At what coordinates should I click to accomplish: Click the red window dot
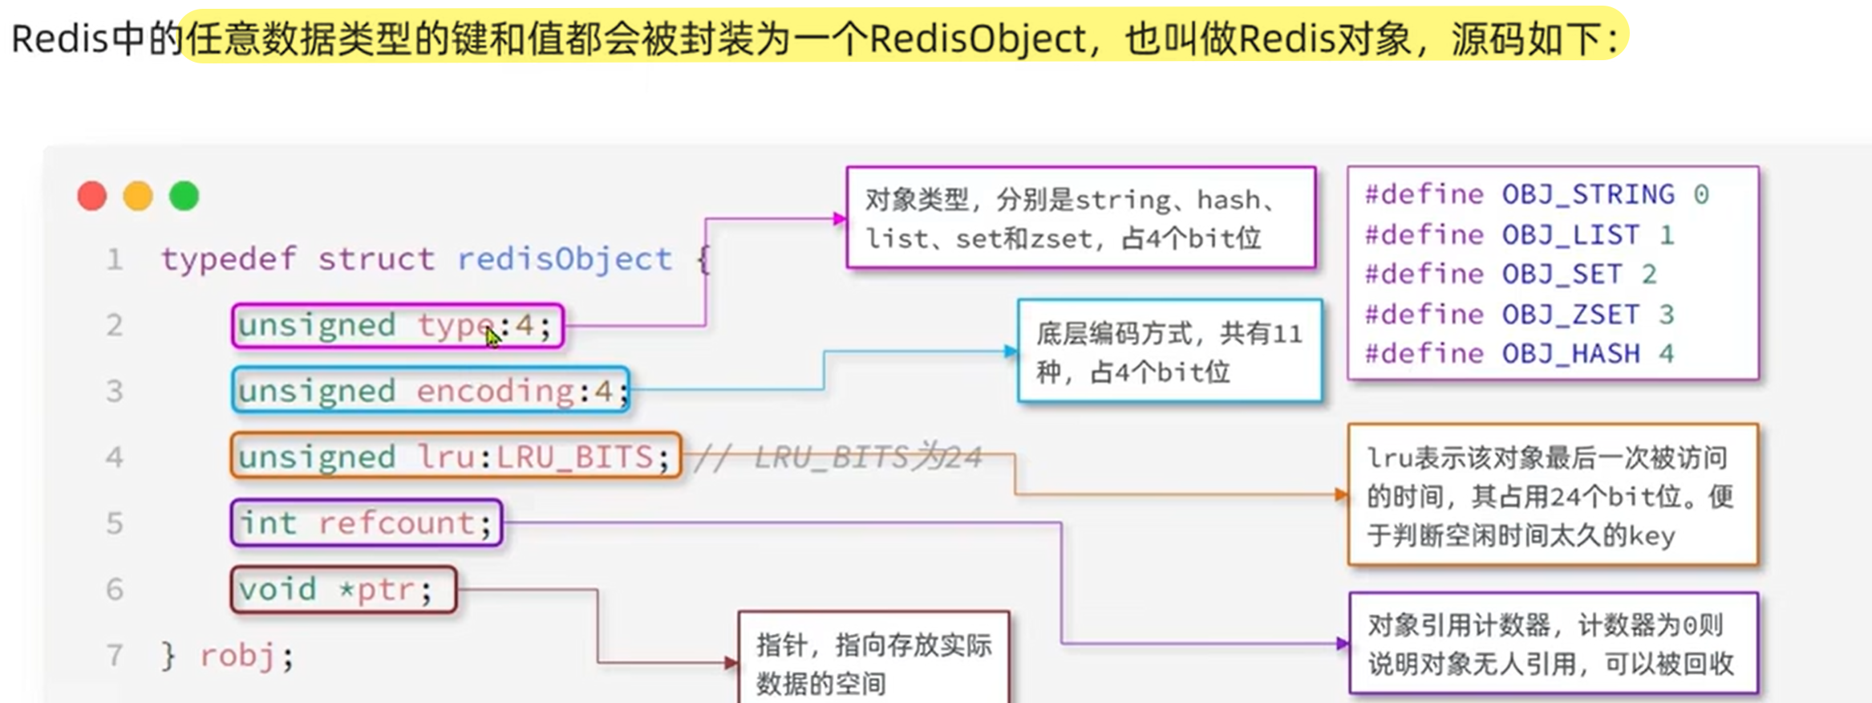(92, 196)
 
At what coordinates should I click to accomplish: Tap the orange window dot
(138, 196)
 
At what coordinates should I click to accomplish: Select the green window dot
(184, 196)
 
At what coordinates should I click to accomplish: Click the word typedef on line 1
(229, 259)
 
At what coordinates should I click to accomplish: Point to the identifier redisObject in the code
(565, 259)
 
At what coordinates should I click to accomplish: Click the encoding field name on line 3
(495, 391)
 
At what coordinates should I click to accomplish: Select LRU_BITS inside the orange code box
(575, 457)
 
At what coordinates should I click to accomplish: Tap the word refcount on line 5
(397, 523)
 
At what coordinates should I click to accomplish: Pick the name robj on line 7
(237, 656)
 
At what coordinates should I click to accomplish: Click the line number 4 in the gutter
(115, 457)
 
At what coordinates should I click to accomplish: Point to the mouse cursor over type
(492, 338)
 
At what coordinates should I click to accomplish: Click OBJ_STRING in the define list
(1588, 194)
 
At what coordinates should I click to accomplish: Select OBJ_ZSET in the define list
(1570, 314)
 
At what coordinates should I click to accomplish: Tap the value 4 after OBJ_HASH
(1667, 354)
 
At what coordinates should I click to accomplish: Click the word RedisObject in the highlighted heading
(977, 39)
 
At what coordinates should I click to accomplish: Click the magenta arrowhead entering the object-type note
(839, 218)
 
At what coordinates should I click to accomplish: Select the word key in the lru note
(1651, 536)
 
